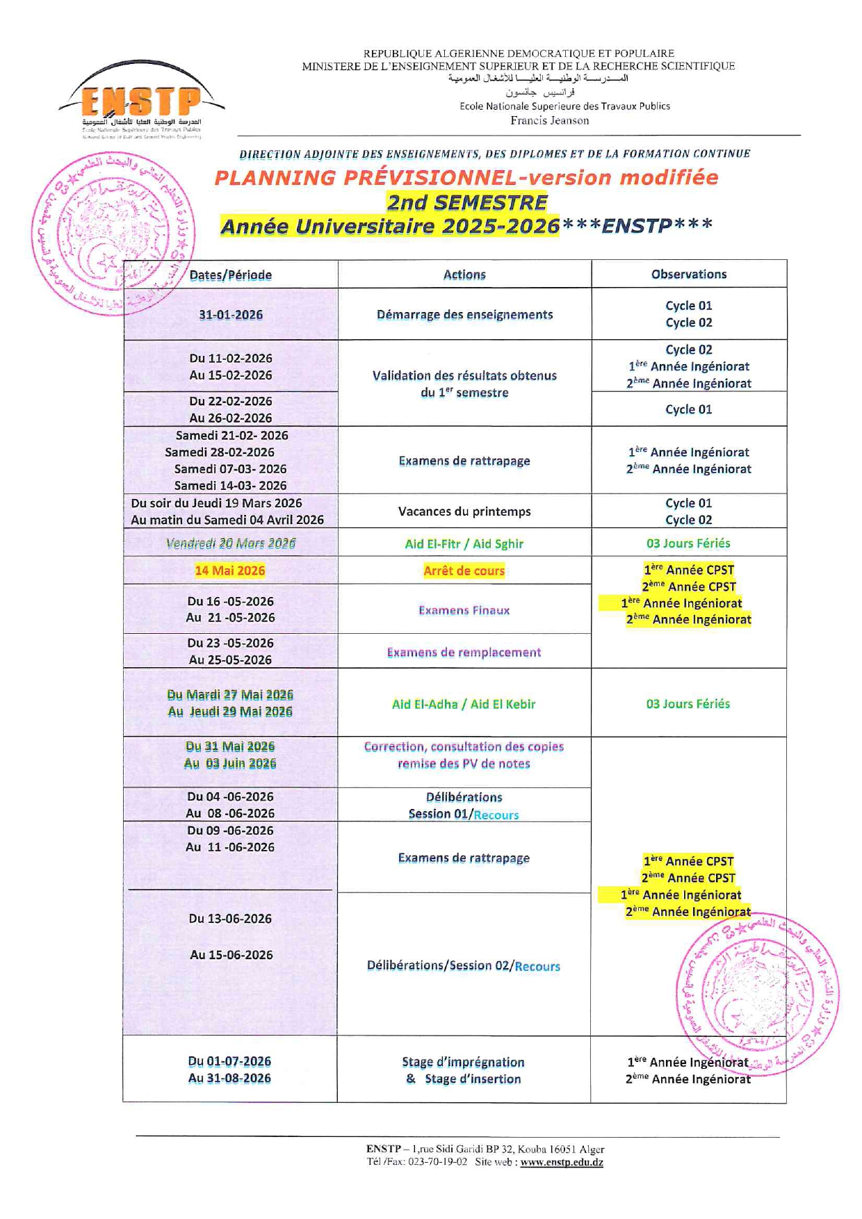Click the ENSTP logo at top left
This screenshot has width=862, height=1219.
pos(141,101)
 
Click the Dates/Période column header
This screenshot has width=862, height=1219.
pos(230,275)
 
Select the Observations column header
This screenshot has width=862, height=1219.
pos(688,274)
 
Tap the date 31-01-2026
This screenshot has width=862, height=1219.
pos(230,315)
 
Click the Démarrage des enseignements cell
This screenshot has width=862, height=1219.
pos(464,315)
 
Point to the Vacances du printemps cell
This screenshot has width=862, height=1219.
pos(464,512)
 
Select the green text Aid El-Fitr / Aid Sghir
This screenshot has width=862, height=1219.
pos(464,543)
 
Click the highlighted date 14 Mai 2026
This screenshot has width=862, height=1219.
pos(229,571)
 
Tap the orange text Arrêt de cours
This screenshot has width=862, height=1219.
pos(464,571)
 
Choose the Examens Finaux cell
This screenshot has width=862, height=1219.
pos(464,610)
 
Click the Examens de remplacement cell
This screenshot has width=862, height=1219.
pos(464,652)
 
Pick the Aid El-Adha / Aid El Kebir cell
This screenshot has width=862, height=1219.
pos(464,704)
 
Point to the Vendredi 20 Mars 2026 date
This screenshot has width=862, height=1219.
pos(230,543)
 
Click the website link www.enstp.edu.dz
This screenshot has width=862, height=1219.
pos(562,1162)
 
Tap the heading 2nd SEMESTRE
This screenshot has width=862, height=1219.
pos(466,202)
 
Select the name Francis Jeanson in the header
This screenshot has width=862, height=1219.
pos(549,120)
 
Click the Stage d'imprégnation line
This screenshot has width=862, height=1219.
pos(463,1062)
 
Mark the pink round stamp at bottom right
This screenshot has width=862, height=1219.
pos(757,994)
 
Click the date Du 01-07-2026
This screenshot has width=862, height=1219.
pos(229,1061)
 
